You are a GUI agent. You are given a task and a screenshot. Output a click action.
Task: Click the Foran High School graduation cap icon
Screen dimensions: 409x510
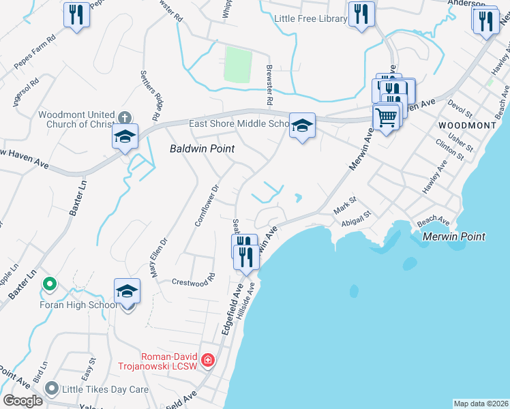[127, 292]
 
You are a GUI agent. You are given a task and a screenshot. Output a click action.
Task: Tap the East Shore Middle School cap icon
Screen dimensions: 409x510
[302, 126]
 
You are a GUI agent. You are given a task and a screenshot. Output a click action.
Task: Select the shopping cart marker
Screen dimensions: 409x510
[386, 117]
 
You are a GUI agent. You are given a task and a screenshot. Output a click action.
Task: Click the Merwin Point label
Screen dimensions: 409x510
[453, 237]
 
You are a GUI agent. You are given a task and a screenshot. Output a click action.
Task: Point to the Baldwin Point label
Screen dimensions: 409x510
[202, 149]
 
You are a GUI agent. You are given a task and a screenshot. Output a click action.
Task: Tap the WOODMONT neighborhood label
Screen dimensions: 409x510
[467, 126]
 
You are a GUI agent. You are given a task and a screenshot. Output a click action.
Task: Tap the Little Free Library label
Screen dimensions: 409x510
[310, 19]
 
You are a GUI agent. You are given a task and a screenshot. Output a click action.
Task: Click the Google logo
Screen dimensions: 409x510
[22, 401]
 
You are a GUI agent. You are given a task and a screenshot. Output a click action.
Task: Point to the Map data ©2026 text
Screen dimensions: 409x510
[481, 403]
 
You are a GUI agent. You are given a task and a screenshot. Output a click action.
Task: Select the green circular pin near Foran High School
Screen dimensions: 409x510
[48, 283]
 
